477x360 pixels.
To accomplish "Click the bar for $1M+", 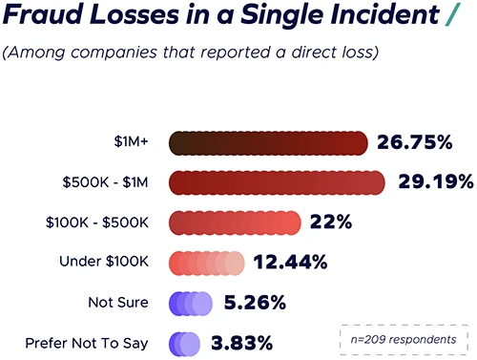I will [268, 143].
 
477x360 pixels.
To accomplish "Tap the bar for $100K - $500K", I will [235, 222].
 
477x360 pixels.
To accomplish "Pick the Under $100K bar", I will [207, 263].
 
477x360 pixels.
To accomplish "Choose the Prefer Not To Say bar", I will [184, 343].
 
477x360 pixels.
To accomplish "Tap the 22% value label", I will [332, 222].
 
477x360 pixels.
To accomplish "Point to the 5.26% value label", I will [255, 303].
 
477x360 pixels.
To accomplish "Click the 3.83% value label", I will [241, 343].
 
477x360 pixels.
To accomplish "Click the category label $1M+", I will [130, 143].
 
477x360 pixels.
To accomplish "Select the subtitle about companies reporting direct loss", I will [191, 52].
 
